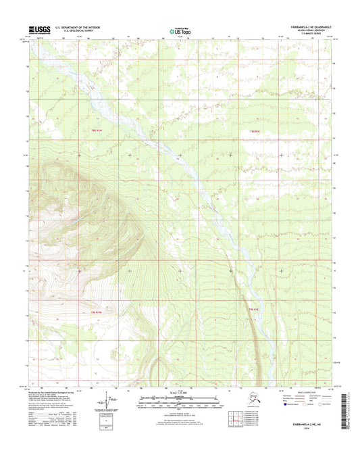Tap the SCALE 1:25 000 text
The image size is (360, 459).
[x=180, y=394]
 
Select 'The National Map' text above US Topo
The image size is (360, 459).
[x=180, y=26]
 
